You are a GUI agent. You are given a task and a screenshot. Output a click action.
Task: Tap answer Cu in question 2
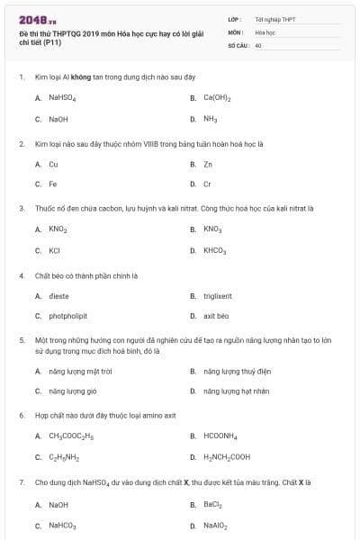click(53, 165)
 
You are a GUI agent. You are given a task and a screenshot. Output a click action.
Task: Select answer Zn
click(208, 165)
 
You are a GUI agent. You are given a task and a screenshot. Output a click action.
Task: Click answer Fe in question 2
click(53, 184)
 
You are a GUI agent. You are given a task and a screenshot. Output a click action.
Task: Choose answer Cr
click(207, 184)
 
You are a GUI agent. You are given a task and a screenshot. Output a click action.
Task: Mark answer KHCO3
click(214, 250)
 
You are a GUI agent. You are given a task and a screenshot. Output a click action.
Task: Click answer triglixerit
click(218, 295)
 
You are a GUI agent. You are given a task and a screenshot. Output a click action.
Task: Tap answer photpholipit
click(67, 316)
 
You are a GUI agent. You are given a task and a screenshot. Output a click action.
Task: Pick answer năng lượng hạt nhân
click(236, 391)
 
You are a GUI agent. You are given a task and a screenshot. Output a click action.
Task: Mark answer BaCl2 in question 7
click(212, 505)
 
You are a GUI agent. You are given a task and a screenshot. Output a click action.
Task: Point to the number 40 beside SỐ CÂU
click(258, 44)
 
